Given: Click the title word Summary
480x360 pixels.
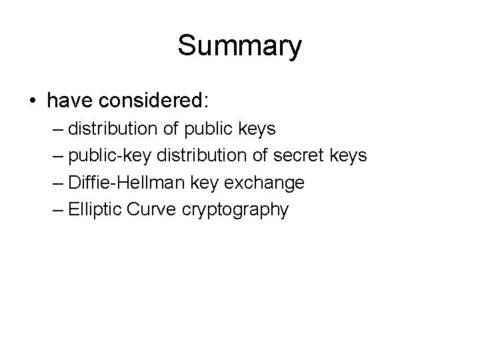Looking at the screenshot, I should click(x=240, y=47).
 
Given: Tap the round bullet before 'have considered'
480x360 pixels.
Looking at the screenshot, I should click(x=32, y=101).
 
